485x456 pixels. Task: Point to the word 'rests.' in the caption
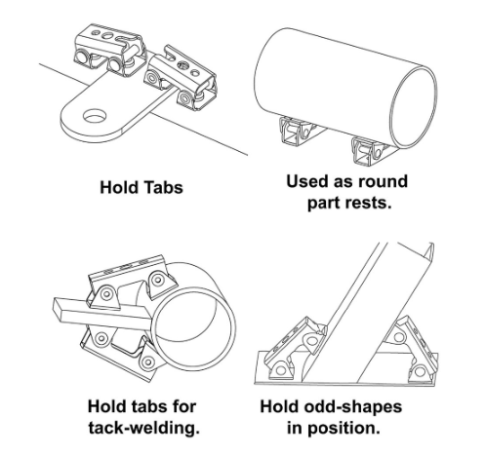coord(371,203)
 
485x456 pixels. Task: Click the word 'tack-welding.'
coord(144,428)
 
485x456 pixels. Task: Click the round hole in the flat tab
coord(95,116)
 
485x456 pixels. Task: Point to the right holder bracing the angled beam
coord(410,349)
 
